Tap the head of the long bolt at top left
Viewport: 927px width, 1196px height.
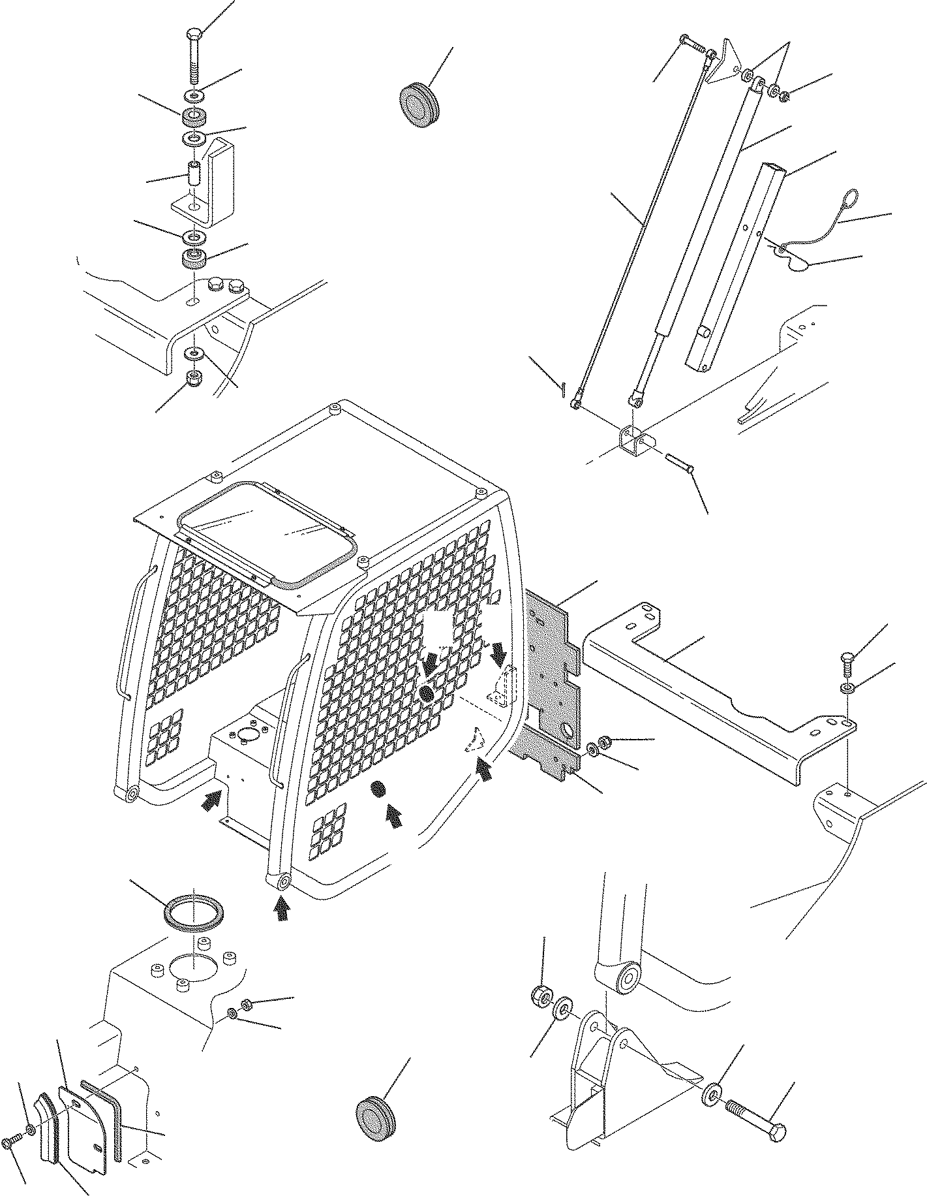coord(196,33)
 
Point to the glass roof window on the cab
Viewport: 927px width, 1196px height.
coord(267,531)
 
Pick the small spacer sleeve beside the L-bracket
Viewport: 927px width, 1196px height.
coord(194,176)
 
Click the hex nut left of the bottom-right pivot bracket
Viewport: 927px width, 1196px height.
coord(541,1014)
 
